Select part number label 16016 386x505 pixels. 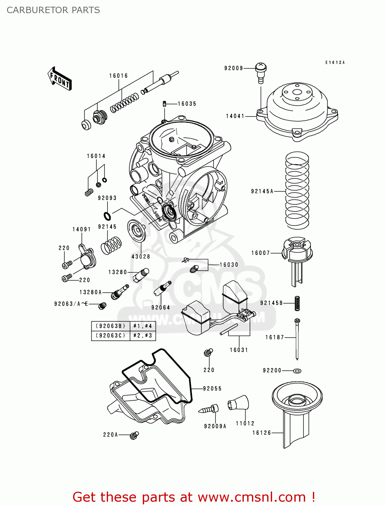coord(119,76)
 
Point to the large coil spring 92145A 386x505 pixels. coord(297,190)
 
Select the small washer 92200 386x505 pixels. coord(297,371)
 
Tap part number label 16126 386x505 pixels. coord(262,433)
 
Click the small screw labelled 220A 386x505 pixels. coord(134,435)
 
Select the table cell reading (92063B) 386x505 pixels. coord(110,326)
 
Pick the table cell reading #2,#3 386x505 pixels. coord(143,336)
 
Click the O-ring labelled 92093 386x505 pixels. coord(107,215)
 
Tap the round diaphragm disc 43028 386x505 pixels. coord(137,231)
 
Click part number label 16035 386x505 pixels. coord(187,104)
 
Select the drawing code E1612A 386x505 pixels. coord(335,63)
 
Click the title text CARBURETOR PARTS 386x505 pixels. coord(53,10)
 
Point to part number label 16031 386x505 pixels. coord(239,350)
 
